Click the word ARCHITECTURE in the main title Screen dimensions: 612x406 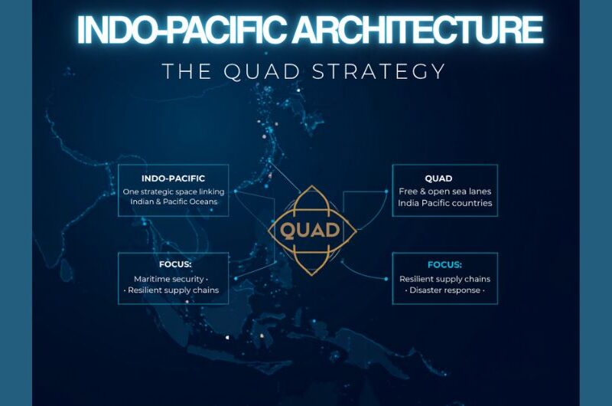(418, 29)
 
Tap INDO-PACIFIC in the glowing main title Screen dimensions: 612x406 (183, 29)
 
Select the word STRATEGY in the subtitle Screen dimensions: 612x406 (379, 71)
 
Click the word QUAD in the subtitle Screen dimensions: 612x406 (262, 71)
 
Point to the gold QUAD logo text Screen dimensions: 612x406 (311, 230)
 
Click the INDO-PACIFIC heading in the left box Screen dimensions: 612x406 (173, 178)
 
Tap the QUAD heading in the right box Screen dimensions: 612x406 (438, 178)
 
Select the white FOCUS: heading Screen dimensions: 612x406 (175, 264)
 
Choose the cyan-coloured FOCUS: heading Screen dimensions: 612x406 (444, 265)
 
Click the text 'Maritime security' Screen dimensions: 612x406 (168, 279)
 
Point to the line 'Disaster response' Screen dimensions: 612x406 (445, 290)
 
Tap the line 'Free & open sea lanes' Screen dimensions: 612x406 (445, 192)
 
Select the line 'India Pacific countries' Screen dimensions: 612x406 (445, 203)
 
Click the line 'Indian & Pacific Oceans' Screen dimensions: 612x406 (174, 201)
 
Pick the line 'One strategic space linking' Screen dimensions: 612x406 (174, 192)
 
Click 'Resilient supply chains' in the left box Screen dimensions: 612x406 (174, 290)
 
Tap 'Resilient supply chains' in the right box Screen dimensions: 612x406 (445, 279)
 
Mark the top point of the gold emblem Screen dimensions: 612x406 (312, 186)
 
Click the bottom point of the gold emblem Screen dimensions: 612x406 (312, 275)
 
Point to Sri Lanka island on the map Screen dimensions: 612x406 (67, 270)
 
